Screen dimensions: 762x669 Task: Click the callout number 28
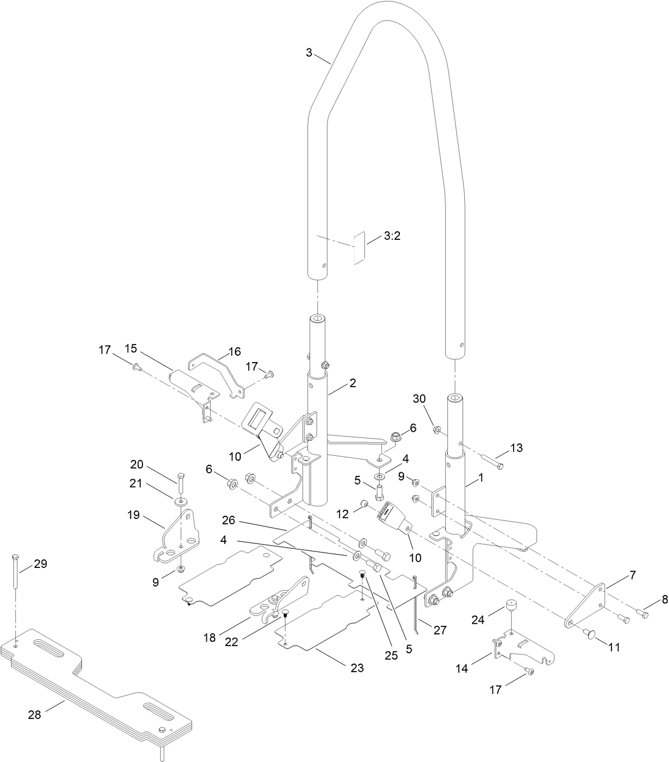[x=34, y=715]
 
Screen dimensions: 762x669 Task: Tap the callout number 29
[x=40, y=564]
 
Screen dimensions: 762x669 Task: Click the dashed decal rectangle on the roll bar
[x=359, y=248]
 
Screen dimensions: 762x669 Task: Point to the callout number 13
[x=516, y=448]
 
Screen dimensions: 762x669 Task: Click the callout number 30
[x=420, y=413]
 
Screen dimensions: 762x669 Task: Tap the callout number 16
[x=235, y=351]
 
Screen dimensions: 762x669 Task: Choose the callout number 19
[x=133, y=515]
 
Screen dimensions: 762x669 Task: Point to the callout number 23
[x=357, y=668]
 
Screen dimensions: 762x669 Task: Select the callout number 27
[x=439, y=630]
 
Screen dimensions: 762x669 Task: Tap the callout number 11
[x=614, y=647]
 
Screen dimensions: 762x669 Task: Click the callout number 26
[x=229, y=520]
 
